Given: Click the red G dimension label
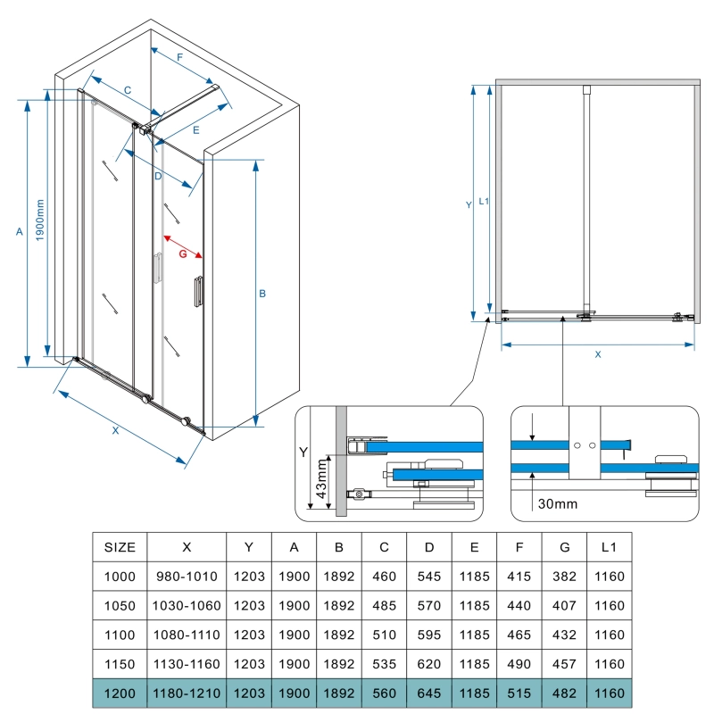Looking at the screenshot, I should click(x=183, y=254).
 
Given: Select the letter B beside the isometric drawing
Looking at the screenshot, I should click(x=263, y=293).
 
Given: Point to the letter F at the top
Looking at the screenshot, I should click(x=179, y=57).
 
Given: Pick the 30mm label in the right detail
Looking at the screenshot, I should click(x=558, y=504).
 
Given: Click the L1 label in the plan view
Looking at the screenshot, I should click(x=484, y=202).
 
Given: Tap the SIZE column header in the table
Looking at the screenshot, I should click(x=120, y=547).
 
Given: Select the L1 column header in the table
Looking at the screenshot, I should click(x=610, y=547).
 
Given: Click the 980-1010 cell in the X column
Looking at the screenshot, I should click(x=187, y=577).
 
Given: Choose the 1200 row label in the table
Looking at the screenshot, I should click(x=120, y=693).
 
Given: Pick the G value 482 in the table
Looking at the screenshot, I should click(x=565, y=693).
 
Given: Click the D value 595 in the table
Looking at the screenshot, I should click(x=429, y=635).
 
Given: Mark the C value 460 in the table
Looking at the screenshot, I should click(x=384, y=577).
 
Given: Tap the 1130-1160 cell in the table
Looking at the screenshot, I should click(x=187, y=664).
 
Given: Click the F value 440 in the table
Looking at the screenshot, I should click(x=519, y=606).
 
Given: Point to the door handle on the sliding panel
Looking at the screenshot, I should click(x=197, y=292).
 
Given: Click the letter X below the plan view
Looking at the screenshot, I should click(x=598, y=354).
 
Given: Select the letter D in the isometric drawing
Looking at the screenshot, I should click(x=157, y=177).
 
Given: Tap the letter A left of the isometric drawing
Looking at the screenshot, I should click(x=20, y=232).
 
